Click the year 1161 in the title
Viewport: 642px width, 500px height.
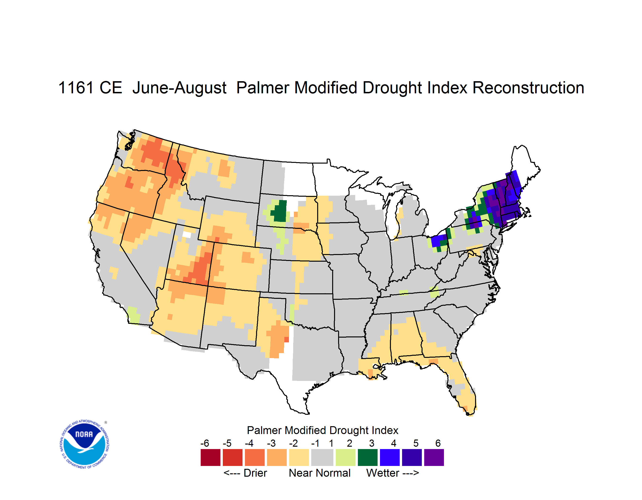[76, 88]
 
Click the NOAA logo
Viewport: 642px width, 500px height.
[84, 444]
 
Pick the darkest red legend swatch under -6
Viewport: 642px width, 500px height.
[210, 457]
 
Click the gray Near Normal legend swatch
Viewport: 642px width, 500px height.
[322, 457]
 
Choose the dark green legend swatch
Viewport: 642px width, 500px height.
[367, 457]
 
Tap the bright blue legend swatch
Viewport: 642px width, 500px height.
[390, 457]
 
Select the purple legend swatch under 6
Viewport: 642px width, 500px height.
[434, 457]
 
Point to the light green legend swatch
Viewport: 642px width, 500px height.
[345, 457]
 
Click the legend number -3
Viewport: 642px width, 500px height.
[271, 443]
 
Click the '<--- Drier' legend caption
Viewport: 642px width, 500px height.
[245, 473]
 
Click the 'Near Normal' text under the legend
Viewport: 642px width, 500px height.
[320, 473]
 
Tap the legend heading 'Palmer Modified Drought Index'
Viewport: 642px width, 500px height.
[322, 430]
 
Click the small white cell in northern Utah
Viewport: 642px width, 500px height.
[187, 235]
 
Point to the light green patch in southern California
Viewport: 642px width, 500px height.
[134, 315]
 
